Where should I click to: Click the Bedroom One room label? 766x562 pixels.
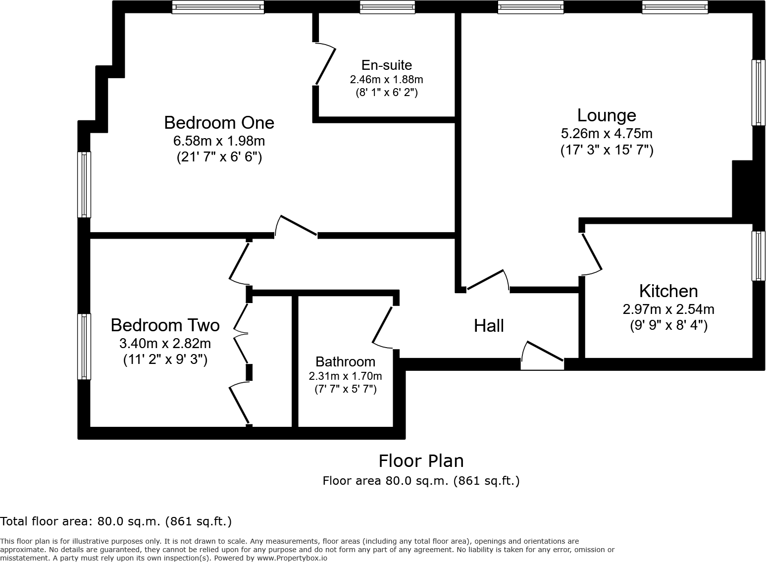coord(219,123)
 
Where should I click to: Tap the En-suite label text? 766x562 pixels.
coord(387,65)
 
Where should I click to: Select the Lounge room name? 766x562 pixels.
coord(607,115)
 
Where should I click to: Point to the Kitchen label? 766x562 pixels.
coord(668,291)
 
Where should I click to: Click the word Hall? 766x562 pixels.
coord(489,326)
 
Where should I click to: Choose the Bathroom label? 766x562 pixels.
coord(345,361)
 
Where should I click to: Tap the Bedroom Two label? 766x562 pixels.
coord(165,325)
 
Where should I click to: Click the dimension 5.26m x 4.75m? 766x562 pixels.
coord(607,134)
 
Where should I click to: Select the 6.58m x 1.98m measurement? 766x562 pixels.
coord(219,141)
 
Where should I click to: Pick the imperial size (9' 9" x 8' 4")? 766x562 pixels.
coord(668,326)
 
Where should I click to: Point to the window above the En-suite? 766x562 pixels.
coord(387,7)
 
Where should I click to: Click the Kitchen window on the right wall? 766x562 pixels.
coord(758,255)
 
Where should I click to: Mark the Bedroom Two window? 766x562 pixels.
coord(84,346)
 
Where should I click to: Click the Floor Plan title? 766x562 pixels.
coord(421,461)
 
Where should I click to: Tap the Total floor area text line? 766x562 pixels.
coord(116,521)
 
